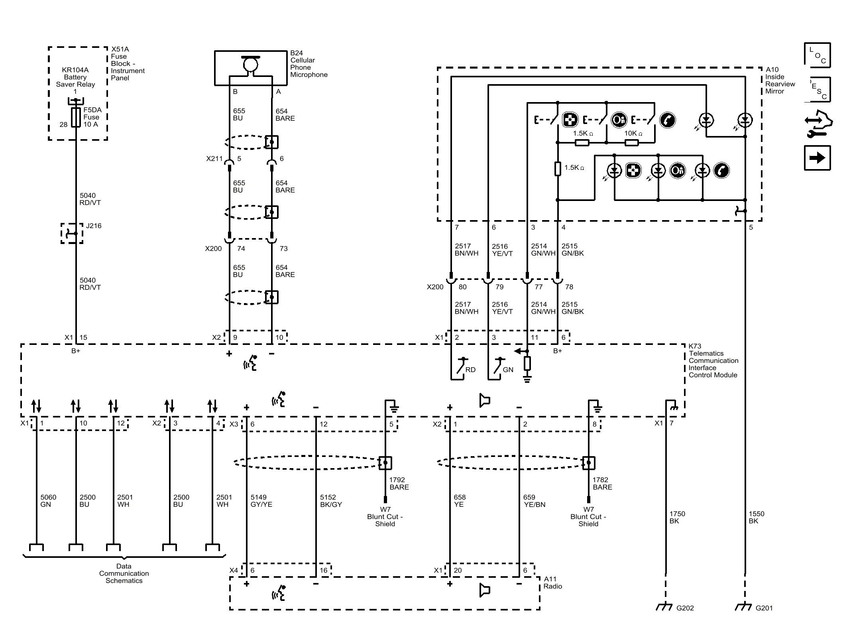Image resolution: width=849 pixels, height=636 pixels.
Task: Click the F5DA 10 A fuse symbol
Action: click(x=76, y=117)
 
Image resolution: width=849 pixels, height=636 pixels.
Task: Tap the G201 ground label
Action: click(x=764, y=608)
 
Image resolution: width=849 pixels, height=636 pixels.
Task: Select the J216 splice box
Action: click(x=72, y=233)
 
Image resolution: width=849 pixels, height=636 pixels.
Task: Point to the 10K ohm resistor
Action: click(x=631, y=142)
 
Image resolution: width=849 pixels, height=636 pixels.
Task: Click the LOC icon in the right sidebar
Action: click(x=817, y=55)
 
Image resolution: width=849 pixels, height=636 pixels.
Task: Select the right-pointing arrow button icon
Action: click(x=817, y=158)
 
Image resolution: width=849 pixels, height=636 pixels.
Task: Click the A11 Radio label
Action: click(x=552, y=583)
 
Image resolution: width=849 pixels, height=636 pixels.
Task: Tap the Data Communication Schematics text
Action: click(x=124, y=573)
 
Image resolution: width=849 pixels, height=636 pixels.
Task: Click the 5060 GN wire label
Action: click(x=48, y=501)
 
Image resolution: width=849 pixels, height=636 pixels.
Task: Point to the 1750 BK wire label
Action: click(x=677, y=517)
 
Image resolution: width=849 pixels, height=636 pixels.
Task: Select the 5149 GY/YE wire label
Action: click(x=261, y=501)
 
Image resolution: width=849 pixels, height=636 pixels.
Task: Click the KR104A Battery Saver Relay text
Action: click(x=75, y=77)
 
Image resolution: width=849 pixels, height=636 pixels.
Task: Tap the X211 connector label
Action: click(x=214, y=159)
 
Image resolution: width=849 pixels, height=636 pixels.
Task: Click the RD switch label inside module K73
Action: click(x=470, y=370)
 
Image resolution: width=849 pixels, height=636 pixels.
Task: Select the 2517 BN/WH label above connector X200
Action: click(x=466, y=250)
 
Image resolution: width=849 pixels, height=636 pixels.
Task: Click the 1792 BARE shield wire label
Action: click(x=399, y=483)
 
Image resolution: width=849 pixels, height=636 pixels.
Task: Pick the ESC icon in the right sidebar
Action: click(x=817, y=90)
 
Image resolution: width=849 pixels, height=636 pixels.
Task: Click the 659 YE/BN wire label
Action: click(x=534, y=501)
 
